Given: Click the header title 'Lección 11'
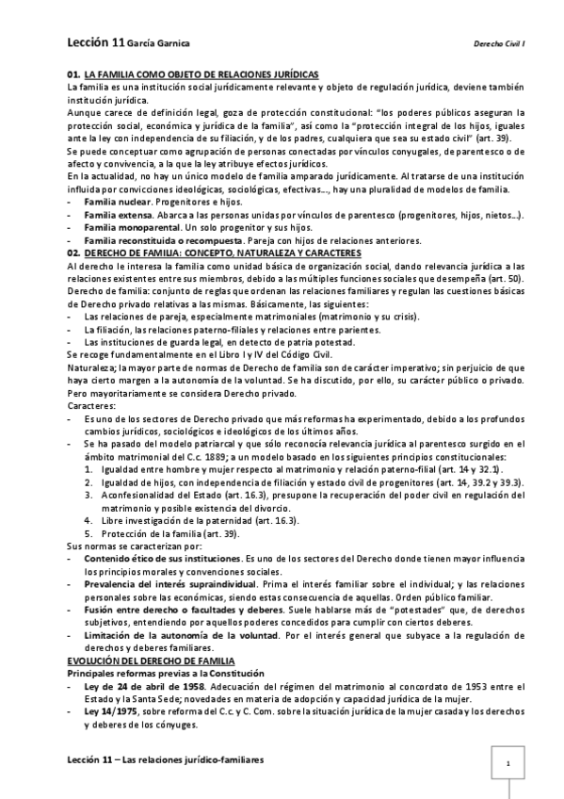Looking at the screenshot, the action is tap(94, 42).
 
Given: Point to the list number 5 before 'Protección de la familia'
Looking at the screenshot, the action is tap(89, 532).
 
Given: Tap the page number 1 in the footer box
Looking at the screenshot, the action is tap(508, 763).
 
